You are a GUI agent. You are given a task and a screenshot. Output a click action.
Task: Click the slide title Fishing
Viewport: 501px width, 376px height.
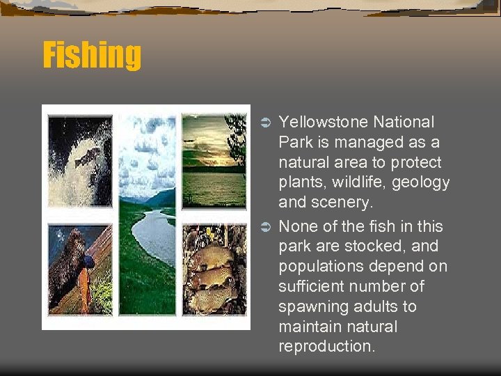click(x=92, y=55)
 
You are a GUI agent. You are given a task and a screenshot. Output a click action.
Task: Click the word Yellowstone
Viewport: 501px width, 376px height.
click(x=322, y=123)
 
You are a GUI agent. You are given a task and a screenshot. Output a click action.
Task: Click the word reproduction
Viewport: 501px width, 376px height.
click(x=326, y=347)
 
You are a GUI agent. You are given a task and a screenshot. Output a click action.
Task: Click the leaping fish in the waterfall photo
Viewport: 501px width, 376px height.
click(x=86, y=159)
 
